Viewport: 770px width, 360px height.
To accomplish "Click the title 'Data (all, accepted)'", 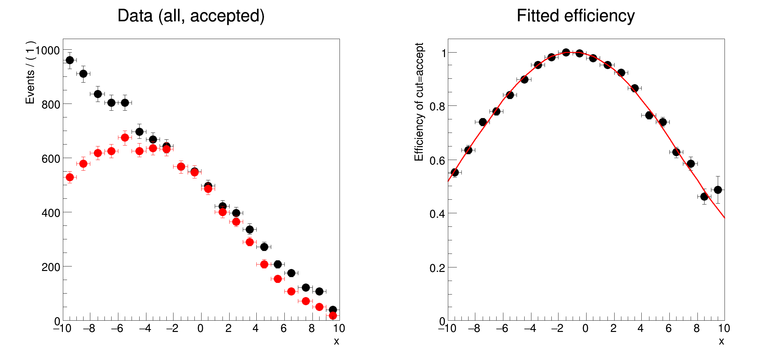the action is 191,16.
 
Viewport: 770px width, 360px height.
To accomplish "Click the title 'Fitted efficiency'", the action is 576,16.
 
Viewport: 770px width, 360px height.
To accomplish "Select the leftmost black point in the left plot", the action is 70,60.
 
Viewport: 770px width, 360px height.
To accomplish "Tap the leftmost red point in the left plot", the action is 70,177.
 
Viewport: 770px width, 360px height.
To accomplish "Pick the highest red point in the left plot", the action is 125,138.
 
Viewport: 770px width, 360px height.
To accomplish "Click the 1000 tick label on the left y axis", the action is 48,51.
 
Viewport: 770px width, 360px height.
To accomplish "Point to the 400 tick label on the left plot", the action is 51,213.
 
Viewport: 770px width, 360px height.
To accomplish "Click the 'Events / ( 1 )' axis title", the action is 30,73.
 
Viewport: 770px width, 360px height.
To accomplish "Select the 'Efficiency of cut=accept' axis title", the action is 419,102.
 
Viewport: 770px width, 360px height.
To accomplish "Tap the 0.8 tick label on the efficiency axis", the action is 437,106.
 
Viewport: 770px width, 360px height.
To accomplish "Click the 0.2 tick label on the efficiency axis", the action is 437,268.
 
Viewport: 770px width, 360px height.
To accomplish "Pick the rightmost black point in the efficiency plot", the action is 718,190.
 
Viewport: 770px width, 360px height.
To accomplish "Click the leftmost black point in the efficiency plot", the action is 455,172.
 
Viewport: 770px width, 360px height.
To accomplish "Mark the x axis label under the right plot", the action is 721,341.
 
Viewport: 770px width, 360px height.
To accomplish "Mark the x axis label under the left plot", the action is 336,341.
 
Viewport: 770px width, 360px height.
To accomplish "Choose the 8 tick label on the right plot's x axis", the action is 696,329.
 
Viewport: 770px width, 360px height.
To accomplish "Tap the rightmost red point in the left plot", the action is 333,315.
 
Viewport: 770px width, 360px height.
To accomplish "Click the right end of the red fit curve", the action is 724,218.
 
